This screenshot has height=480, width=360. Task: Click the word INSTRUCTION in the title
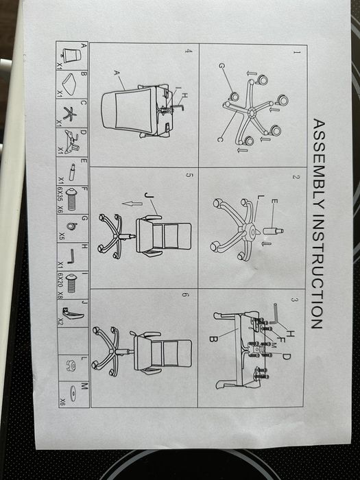click(x=317, y=272)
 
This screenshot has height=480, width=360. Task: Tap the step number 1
click(x=296, y=52)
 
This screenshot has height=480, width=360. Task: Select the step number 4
click(x=189, y=51)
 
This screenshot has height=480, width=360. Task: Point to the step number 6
click(x=185, y=295)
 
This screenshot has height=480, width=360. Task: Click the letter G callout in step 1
click(x=222, y=66)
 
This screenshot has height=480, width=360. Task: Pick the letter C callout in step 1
click(x=219, y=140)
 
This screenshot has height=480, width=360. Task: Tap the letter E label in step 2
click(x=274, y=202)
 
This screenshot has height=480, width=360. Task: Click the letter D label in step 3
click(x=286, y=357)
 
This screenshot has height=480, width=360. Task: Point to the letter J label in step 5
click(x=149, y=195)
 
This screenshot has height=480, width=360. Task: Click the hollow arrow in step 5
click(x=132, y=204)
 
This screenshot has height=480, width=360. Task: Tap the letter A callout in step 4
click(x=117, y=73)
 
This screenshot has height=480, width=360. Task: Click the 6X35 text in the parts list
click(x=60, y=194)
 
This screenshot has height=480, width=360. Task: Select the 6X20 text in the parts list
click(x=60, y=280)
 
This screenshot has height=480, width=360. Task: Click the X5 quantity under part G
click(x=61, y=236)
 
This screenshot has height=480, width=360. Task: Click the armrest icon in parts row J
click(x=73, y=313)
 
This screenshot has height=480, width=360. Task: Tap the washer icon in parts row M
click(x=73, y=394)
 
